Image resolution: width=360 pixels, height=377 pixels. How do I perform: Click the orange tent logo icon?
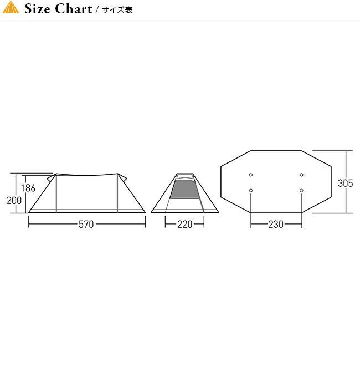pos(11,7)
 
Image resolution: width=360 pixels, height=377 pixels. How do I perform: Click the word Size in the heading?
pos(38,9)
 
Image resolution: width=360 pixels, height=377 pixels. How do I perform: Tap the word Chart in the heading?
pos(74,9)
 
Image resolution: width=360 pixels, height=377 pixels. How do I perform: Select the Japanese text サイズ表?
pos(117,10)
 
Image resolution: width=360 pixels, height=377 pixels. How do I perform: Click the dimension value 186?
pos(28,188)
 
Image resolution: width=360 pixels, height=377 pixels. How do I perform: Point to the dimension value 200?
pos(14,200)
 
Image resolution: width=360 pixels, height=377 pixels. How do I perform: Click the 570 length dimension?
pos(86,225)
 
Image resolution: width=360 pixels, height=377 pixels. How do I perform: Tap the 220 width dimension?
pos(185,225)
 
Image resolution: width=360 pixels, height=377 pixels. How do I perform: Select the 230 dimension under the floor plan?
pos(276,225)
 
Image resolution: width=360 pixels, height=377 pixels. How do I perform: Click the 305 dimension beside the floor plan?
pos(346,183)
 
